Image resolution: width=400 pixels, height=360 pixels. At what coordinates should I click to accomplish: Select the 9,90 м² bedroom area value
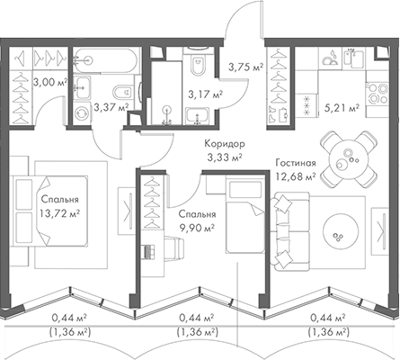pos(195,228)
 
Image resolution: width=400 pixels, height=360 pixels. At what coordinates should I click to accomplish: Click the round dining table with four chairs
pos(346,157)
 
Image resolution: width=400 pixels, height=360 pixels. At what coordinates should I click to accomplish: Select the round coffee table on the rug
pos(342,236)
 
